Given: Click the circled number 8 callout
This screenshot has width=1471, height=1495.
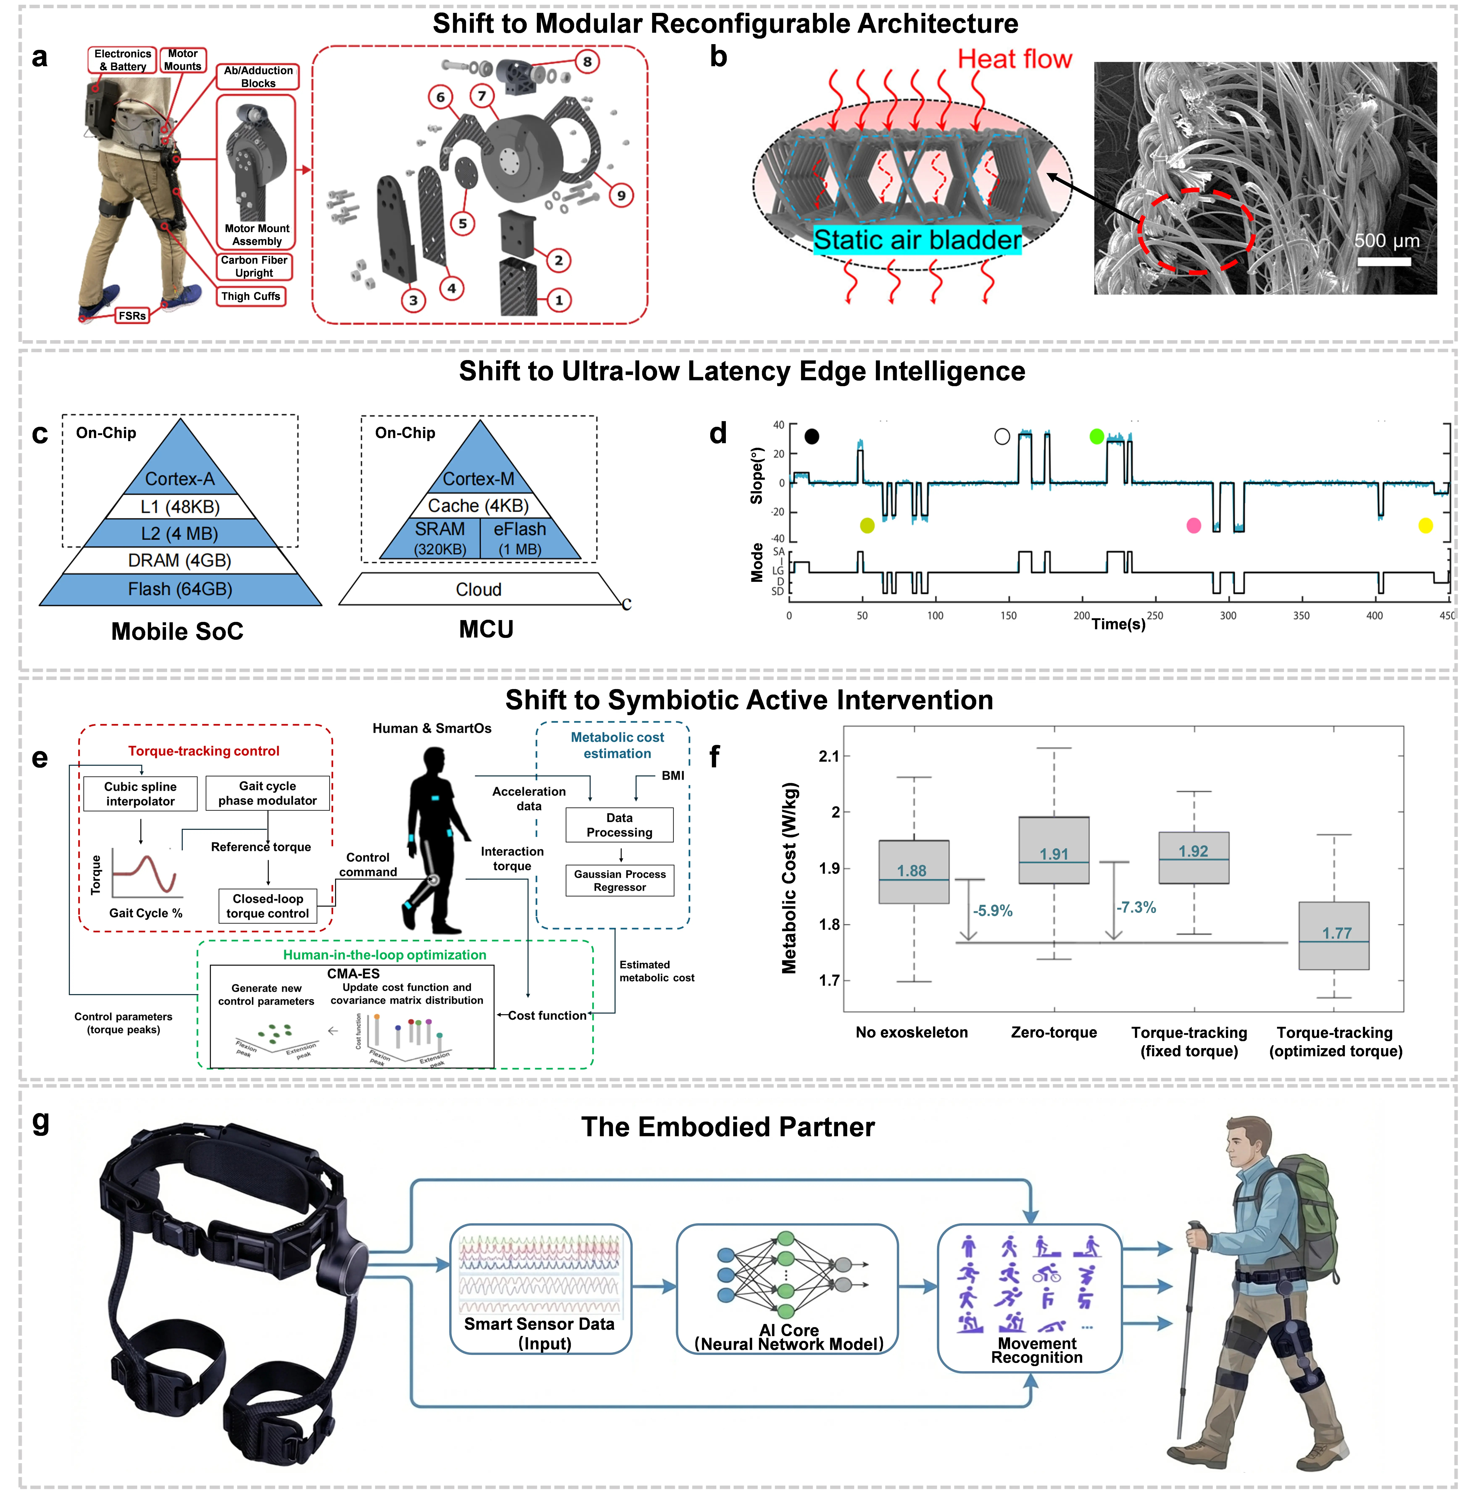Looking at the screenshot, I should pos(587,62).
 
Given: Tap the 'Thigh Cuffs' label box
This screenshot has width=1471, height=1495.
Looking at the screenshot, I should pos(251,297).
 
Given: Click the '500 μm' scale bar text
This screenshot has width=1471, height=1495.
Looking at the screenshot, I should pos(1387,241).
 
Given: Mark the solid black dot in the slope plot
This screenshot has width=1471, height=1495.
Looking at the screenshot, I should pos(811,437).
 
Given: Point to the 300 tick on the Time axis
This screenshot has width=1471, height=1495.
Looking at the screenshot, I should pos(1228,616).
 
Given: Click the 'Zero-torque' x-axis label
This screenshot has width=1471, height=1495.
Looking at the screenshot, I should pos(1054,1033).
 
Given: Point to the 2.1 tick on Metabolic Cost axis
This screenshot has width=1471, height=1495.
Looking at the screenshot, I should pos(829,756).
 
